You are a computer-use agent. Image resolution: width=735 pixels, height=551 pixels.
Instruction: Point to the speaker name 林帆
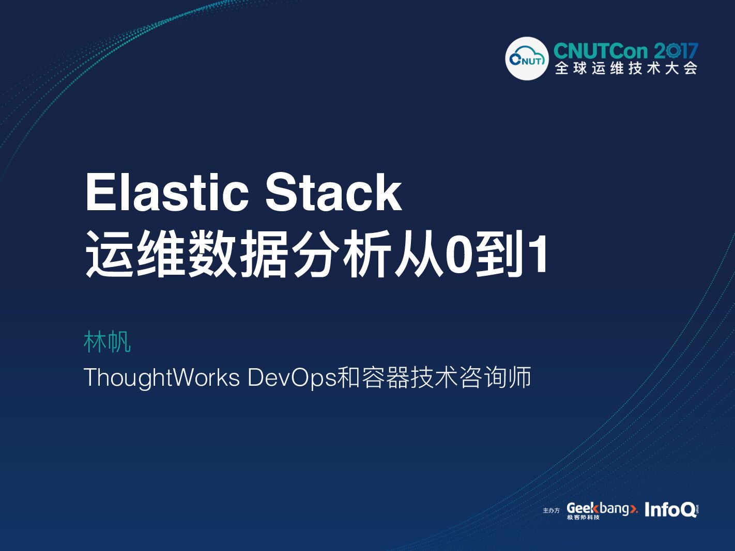(x=107, y=342)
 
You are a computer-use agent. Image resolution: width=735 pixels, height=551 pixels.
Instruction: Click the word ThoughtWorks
(x=161, y=377)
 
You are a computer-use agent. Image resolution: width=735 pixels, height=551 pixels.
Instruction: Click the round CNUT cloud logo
(x=527, y=59)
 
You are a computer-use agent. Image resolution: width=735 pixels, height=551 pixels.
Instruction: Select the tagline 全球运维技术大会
(x=626, y=69)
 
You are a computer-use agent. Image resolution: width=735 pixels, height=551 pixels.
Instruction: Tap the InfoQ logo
(x=671, y=510)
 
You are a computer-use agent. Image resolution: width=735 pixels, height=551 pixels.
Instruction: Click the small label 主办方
(x=551, y=511)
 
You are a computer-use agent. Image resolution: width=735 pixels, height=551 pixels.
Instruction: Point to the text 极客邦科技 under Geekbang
(x=583, y=517)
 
